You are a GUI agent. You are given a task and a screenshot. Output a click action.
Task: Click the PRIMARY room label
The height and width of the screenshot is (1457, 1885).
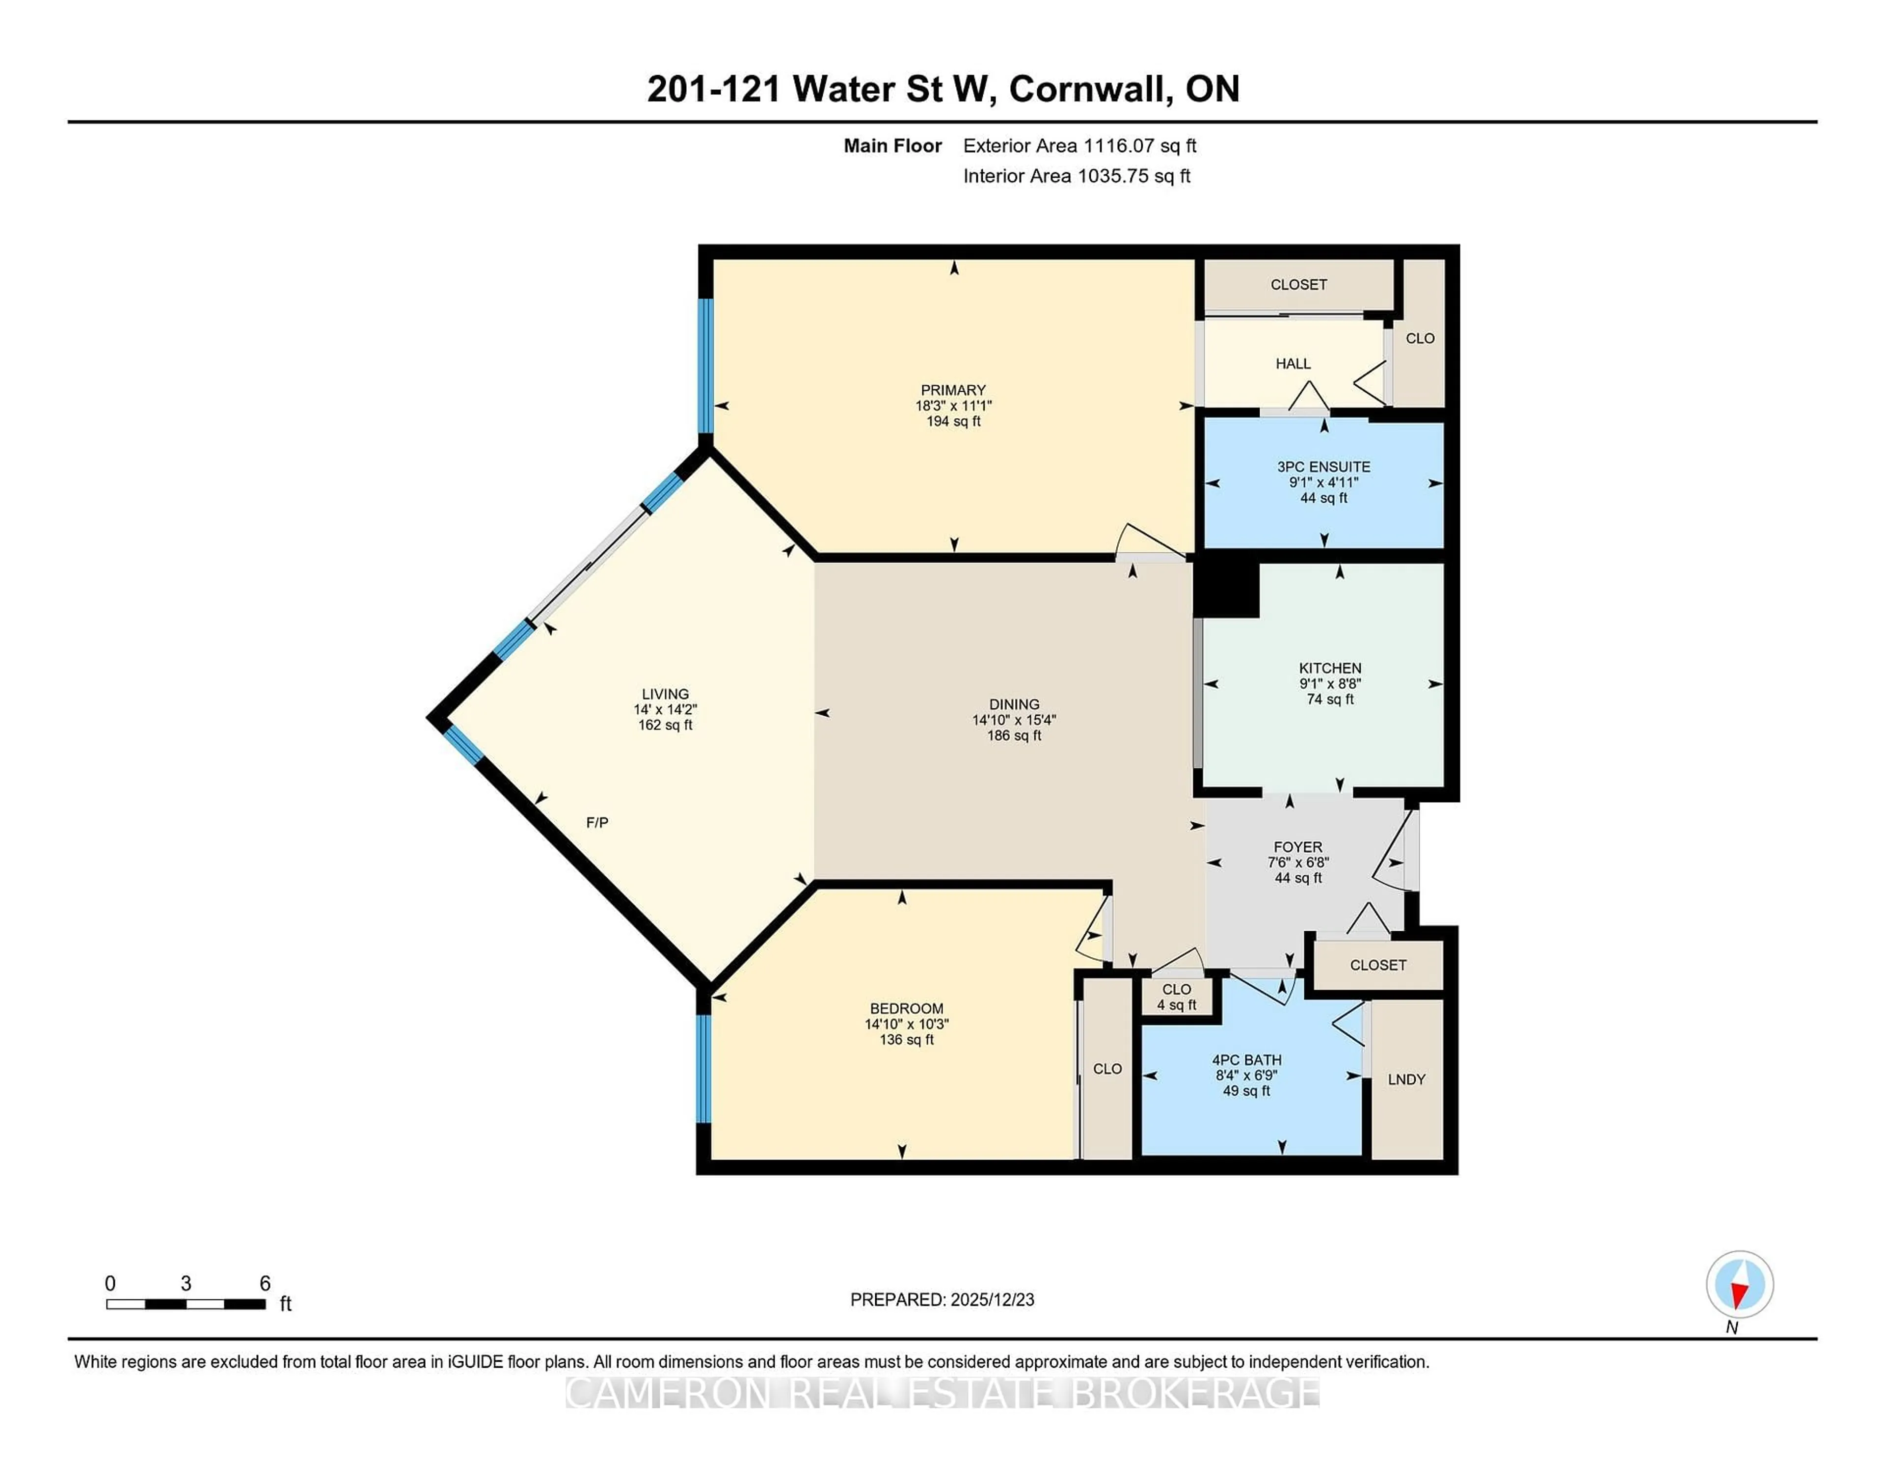953,390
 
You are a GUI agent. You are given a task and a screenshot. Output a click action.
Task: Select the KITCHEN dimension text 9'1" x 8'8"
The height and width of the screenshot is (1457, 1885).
1330,684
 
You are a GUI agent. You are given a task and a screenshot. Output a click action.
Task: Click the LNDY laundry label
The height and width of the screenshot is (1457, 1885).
1406,1079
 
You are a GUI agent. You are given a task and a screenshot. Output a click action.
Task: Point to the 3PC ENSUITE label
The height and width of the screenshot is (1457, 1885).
1323,467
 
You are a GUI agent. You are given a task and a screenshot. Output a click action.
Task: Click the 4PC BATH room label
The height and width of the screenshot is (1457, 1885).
1246,1060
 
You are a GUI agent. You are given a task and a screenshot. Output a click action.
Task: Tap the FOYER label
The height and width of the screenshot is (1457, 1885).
1298,847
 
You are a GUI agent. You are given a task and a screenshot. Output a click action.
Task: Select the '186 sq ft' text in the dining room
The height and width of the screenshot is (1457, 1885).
1014,735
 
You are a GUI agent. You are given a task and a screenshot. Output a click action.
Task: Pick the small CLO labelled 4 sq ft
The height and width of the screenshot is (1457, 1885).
1176,997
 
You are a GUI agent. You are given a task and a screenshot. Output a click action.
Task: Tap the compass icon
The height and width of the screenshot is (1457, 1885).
1739,1284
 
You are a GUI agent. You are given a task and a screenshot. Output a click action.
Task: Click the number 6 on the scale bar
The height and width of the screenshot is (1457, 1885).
265,1284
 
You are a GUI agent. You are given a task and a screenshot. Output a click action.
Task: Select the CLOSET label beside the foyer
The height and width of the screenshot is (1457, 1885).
1377,965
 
